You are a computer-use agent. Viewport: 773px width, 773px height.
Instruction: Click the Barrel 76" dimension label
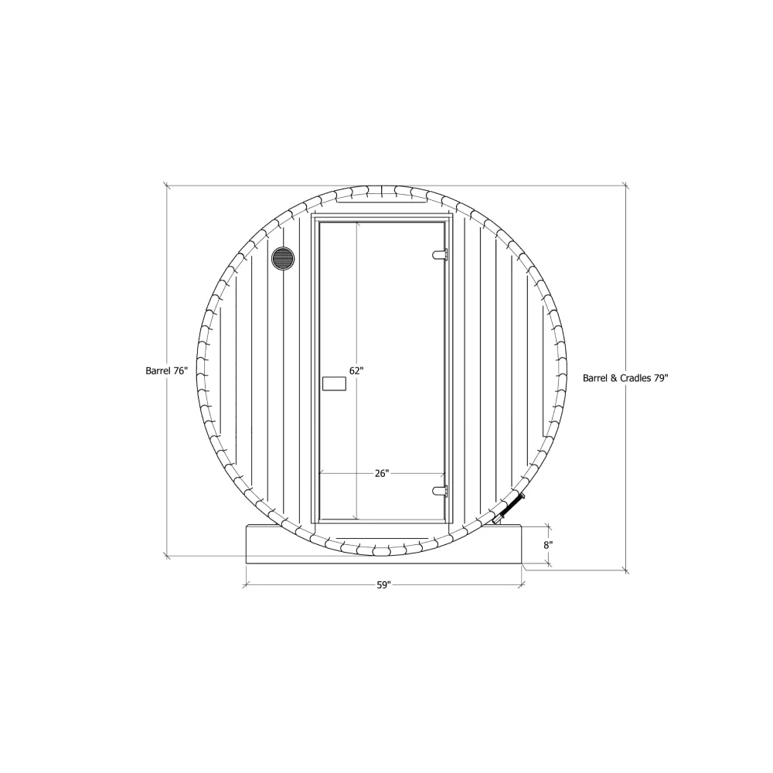point(167,371)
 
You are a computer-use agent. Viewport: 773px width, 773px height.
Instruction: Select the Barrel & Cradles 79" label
point(625,379)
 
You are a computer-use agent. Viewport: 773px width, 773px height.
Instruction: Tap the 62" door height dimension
point(356,371)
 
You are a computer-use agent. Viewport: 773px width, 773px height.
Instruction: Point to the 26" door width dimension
point(381,474)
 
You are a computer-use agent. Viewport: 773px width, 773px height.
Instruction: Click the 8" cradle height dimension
point(548,544)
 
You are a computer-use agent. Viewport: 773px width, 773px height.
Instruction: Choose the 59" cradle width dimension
point(384,585)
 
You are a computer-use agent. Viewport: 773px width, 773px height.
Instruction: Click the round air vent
point(283,258)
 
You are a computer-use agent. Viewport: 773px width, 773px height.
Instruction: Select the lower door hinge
point(440,490)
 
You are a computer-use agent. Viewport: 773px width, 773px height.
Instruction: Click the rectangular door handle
point(334,383)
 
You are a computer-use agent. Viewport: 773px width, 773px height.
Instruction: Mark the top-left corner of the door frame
point(312,215)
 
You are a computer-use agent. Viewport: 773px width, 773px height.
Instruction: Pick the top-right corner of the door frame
point(451,215)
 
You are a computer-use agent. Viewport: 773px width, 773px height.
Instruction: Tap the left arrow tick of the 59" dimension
point(246,585)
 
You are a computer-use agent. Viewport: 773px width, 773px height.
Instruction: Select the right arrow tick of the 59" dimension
point(523,585)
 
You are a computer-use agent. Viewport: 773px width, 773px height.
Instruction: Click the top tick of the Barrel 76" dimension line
point(167,186)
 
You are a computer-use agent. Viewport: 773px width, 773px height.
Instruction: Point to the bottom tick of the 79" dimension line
point(625,570)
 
